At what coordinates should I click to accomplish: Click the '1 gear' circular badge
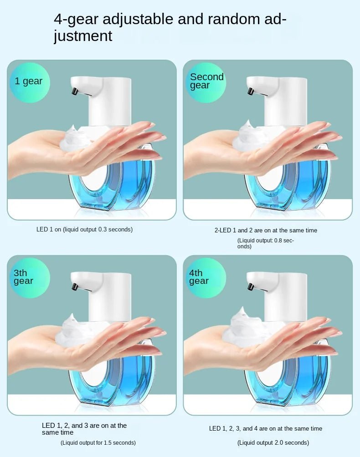pyautogui.click(x=29, y=82)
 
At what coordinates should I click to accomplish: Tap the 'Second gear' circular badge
pyautogui.click(x=206, y=82)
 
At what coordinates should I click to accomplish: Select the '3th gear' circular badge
pyautogui.click(x=29, y=277)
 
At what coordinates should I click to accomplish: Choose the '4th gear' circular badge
pyautogui.click(x=206, y=277)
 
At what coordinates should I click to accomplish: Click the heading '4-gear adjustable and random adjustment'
pyautogui.click(x=170, y=27)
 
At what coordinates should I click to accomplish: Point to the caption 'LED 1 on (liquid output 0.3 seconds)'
pyautogui.click(x=84, y=230)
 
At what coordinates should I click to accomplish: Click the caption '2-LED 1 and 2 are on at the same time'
pyautogui.click(x=266, y=231)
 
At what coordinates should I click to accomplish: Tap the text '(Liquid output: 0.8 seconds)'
pyautogui.click(x=265, y=243)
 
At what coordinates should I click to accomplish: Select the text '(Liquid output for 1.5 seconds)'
pyautogui.click(x=98, y=443)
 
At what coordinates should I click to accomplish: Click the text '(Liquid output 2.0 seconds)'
pyautogui.click(x=273, y=443)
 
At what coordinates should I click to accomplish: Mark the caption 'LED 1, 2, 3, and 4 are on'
pyautogui.click(x=266, y=429)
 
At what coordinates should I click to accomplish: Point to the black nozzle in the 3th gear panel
pyautogui.click(x=74, y=287)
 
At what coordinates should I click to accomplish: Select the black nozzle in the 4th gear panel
pyautogui.click(x=250, y=287)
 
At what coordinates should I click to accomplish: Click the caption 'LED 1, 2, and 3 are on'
pyautogui.click(x=84, y=429)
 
